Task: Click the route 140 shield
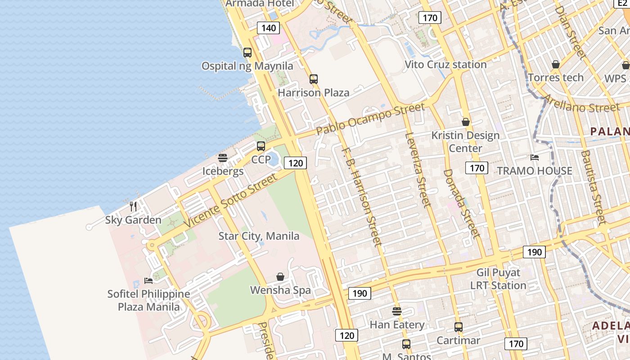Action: tap(268, 28)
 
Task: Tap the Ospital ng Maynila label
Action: tap(247, 66)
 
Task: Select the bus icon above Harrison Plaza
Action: tap(314, 79)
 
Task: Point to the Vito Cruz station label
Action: tap(445, 64)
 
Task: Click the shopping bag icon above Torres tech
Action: tap(556, 64)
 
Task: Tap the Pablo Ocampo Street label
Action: tap(370, 119)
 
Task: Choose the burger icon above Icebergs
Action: tap(223, 158)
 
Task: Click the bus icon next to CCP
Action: tap(261, 146)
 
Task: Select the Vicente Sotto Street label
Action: tap(231, 200)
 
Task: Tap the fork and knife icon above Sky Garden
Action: tap(133, 207)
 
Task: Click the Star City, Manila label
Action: tap(259, 236)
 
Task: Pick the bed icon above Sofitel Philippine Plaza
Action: tap(148, 281)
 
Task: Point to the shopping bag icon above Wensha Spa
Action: tap(280, 277)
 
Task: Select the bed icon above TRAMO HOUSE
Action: tap(535, 157)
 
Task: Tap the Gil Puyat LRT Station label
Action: tap(498, 279)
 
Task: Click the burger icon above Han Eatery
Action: tap(396, 311)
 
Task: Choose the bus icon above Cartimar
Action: tap(459, 327)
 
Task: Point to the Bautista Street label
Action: tap(594, 187)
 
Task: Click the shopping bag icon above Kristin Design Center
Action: tap(466, 122)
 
